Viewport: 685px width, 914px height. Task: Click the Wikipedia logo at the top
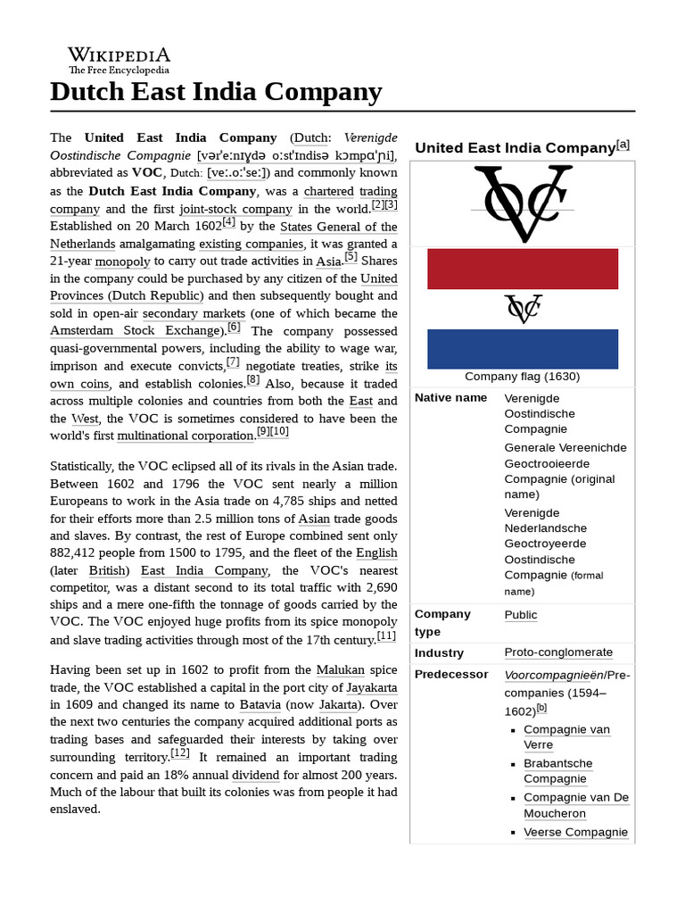click(119, 60)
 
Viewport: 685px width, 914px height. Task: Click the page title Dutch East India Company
click(216, 92)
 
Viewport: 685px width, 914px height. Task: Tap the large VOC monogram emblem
click(522, 204)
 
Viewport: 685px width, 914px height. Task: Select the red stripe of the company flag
click(522, 269)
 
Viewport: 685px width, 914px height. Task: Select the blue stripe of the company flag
click(522, 349)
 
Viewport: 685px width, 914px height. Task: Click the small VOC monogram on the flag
click(522, 309)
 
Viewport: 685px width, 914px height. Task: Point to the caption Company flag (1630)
click(522, 377)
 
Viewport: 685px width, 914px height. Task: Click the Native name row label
click(450, 398)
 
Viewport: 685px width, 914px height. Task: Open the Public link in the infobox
click(521, 615)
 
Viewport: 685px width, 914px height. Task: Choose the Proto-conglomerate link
click(558, 652)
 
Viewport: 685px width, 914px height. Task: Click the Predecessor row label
click(451, 675)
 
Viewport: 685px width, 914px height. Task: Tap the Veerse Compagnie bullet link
click(576, 832)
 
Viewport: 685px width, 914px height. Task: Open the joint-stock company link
click(235, 209)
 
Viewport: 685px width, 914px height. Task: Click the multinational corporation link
click(186, 436)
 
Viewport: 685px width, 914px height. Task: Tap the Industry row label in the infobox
click(439, 652)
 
